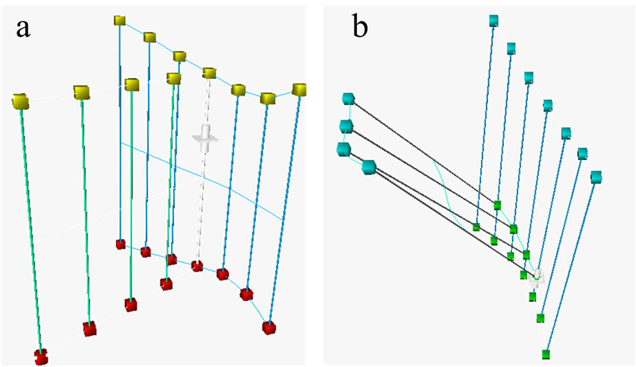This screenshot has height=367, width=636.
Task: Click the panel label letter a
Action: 24,29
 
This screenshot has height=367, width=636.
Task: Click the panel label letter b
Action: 360,29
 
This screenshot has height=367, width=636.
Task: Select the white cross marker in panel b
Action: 537,276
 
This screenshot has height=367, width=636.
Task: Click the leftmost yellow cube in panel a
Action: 21,102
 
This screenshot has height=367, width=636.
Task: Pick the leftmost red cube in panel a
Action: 41,356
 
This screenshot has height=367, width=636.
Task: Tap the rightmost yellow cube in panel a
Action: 300,89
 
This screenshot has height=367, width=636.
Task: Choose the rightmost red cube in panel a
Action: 270,327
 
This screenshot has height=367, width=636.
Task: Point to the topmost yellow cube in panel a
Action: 120,20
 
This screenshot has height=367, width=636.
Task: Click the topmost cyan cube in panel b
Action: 494,20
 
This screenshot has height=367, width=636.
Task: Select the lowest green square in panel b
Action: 546,353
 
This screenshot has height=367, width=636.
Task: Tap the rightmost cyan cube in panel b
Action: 597,176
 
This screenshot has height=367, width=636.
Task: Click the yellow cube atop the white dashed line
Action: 209,73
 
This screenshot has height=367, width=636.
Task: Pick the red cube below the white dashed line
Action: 197,266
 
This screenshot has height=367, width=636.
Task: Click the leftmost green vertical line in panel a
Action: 30,231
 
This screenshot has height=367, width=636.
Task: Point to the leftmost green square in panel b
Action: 476,227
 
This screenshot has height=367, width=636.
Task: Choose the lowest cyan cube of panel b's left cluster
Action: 369,167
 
